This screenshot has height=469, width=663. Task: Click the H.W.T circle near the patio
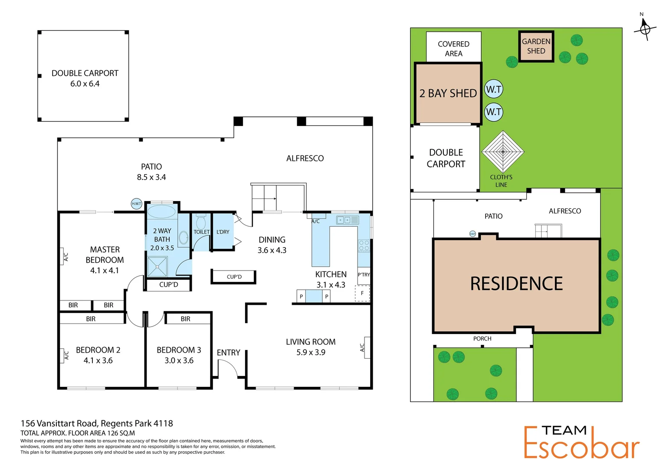pos(137,204)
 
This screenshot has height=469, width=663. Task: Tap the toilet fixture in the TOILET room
pos(200,222)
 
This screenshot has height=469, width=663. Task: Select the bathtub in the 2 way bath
pos(161,212)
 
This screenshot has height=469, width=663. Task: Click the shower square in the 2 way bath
pos(157,267)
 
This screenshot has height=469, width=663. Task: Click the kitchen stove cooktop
pos(364,246)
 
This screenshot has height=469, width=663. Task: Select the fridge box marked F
pos(362,294)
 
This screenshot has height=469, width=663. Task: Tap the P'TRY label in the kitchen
pos(364,274)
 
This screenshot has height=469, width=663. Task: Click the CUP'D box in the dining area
pos(234,277)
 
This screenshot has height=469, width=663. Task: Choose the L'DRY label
pos(223,232)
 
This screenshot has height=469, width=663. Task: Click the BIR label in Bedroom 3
pos(185,319)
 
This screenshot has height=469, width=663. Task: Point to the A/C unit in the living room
pos(367,347)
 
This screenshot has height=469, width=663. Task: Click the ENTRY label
pos(228,353)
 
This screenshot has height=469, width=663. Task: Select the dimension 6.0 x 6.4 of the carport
pos(85,84)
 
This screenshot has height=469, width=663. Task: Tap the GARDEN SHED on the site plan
pos(536,46)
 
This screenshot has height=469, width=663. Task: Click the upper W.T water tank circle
pos(494,89)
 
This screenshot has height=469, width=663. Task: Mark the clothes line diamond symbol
pos(503,152)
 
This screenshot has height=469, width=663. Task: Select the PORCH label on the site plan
pos(482,339)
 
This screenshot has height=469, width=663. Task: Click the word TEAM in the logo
pos(564,430)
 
